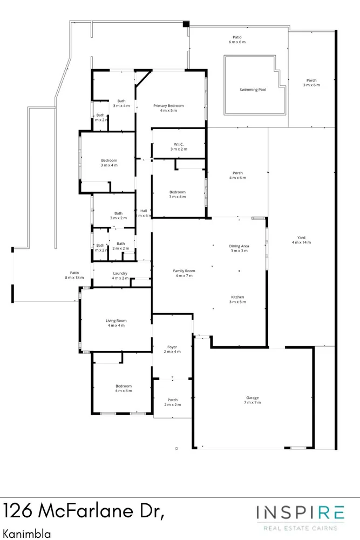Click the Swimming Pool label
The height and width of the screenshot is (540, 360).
coord(253,90)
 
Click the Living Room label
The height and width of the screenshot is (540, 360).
coord(116,323)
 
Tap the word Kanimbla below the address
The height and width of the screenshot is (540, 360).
coord(27,534)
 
